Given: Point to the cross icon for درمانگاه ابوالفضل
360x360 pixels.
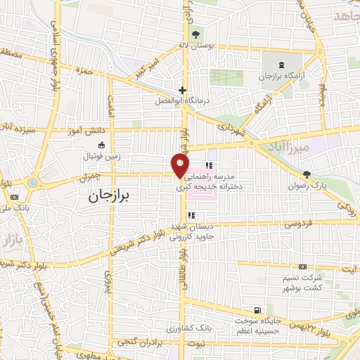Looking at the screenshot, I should point(182,89).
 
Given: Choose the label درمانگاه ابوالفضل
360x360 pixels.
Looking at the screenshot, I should point(182,101).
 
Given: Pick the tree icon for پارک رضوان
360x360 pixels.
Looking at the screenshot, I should point(306,174).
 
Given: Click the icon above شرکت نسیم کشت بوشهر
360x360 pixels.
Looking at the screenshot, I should point(302,266).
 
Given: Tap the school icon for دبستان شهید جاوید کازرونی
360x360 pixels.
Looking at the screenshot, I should point(191,215).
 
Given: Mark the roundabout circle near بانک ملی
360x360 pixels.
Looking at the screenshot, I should point(32,184).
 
